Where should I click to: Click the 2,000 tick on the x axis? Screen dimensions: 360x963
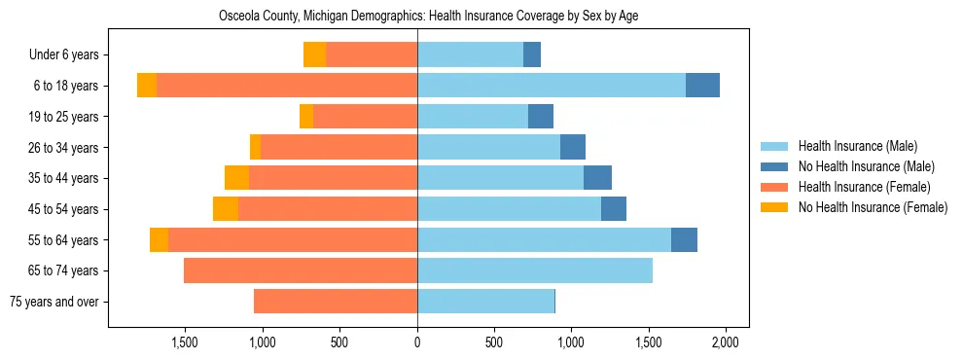pyautogui.click(x=726, y=342)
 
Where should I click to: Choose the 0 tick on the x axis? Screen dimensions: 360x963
pyautogui.click(x=417, y=342)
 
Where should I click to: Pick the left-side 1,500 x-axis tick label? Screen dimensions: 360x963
pyautogui.click(x=185, y=342)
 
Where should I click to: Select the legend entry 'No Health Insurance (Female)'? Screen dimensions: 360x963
pyautogui.click(x=873, y=207)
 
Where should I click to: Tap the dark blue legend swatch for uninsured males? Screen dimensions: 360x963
pyautogui.click(x=775, y=166)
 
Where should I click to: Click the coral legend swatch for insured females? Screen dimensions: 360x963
pyautogui.click(x=775, y=187)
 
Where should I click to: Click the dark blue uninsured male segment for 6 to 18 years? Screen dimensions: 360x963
pyautogui.click(x=702, y=86)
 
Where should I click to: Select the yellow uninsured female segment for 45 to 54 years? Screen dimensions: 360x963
pyautogui.click(x=226, y=209)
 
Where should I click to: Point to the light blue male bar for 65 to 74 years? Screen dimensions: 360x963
pyautogui.click(x=535, y=270)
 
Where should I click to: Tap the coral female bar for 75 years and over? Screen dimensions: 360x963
pyautogui.click(x=336, y=302)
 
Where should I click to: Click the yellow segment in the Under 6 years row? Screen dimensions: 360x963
pyautogui.click(x=314, y=55)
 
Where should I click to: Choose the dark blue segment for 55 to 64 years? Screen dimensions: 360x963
pyautogui.click(x=684, y=239)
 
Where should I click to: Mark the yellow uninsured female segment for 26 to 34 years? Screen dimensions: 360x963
pyautogui.click(x=255, y=147)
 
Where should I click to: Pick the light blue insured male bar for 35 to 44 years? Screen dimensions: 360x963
pyautogui.click(x=500, y=178)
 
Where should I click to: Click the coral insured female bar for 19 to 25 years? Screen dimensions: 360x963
pyautogui.click(x=365, y=117)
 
